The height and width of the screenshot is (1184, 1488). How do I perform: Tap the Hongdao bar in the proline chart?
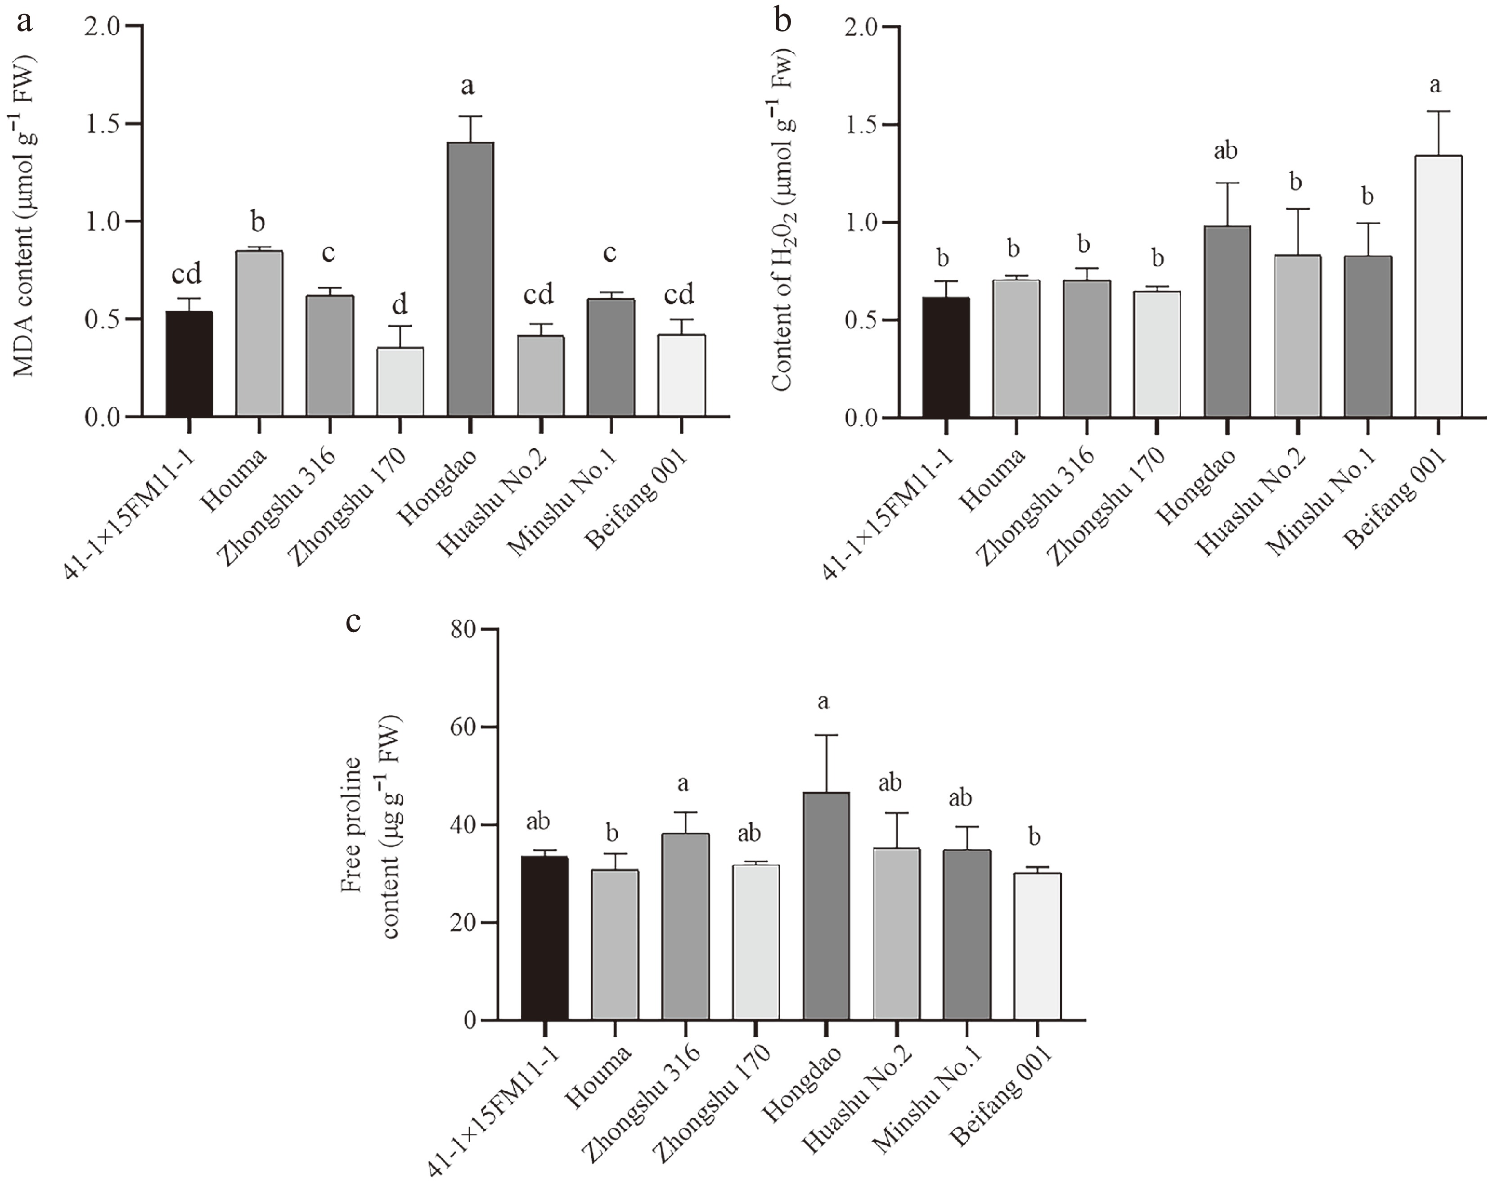point(825,906)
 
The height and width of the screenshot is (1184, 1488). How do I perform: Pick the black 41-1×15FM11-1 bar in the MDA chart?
point(189,364)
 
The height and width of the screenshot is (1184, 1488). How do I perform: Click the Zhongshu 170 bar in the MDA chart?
point(400,382)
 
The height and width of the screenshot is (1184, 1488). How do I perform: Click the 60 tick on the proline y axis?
point(467,728)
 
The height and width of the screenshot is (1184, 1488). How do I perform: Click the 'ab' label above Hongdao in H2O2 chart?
point(1226,150)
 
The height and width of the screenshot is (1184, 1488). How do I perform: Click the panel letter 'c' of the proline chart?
point(353,623)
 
